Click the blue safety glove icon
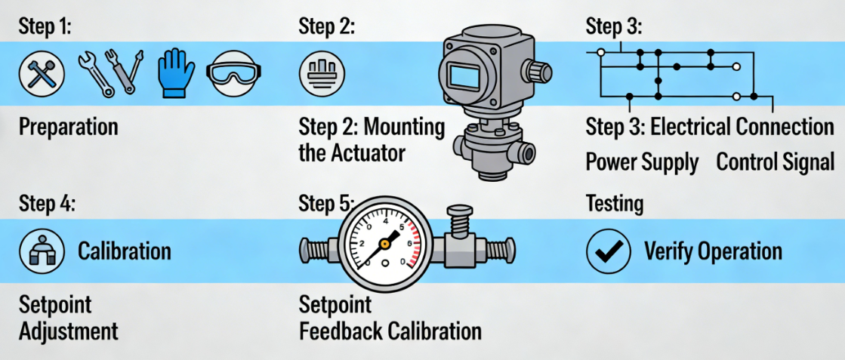176,73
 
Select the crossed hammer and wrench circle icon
42,73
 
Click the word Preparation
68,127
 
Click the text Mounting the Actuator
371,140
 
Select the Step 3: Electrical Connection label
710,127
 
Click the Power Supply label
642,162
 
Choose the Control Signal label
775,162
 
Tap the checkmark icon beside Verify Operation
608,252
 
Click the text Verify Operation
712,252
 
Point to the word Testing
615,203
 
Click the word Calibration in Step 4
125,251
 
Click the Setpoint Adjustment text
68,318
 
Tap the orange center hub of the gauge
385,243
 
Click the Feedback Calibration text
390,331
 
